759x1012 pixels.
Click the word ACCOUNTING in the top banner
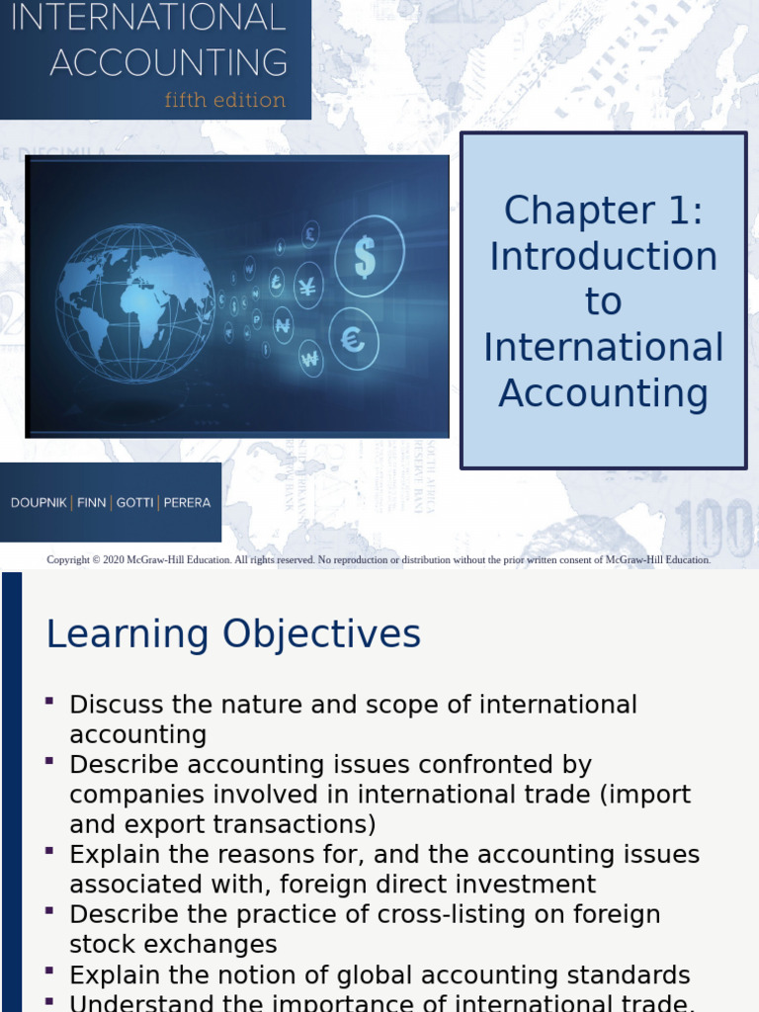pyautogui.click(x=169, y=62)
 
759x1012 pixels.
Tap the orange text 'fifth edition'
pyautogui.click(x=225, y=100)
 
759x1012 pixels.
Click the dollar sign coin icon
pyautogui.click(x=368, y=256)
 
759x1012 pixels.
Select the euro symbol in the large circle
pyautogui.click(x=354, y=338)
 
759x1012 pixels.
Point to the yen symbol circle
pyautogui.click(x=307, y=287)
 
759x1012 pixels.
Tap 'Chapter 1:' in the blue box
pyautogui.click(x=603, y=211)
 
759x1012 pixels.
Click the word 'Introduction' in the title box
pyautogui.click(x=603, y=257)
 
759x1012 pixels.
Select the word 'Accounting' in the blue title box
pyautogui.click(x=603, y=393)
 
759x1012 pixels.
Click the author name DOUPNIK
pyautogui.click(x=40, y=503)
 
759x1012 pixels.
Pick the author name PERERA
pyautogui.click(x=187, y=503)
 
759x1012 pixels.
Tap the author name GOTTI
pyautogui.click(x=135, y=503)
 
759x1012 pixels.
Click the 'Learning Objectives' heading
pyautogui.click(x=233, y=634)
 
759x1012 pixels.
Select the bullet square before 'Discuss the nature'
pyautogui.click(x=49, y=701)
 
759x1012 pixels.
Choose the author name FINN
pyautogui.click(x=91, y=503)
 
